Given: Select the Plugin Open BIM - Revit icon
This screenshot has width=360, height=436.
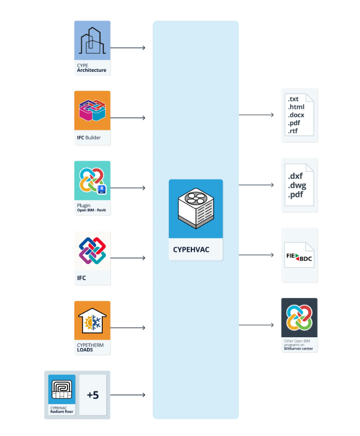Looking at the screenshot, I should pos(92,180).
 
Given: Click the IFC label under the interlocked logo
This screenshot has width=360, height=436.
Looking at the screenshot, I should pos(82,278).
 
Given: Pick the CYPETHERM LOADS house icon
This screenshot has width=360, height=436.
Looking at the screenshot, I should pos(92,320).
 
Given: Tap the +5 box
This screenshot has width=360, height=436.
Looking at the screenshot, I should pos(93,395).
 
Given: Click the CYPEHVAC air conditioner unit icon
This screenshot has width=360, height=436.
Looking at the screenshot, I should pos(196,208).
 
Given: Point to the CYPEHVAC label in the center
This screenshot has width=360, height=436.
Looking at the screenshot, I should pos(191,249).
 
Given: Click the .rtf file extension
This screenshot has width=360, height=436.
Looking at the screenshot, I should pos(293,131).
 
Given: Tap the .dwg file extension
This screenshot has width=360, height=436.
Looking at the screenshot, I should pos(297,185).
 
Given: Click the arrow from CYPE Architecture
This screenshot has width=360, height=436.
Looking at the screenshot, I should pos(128,48).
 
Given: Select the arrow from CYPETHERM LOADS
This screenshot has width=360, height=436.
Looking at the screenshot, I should pos(128,327).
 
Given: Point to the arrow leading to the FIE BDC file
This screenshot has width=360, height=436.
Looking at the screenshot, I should pos(256,255).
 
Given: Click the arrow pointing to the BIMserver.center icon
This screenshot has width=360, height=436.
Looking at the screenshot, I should pos(256,325).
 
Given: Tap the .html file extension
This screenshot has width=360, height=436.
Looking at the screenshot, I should pos(296,107).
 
